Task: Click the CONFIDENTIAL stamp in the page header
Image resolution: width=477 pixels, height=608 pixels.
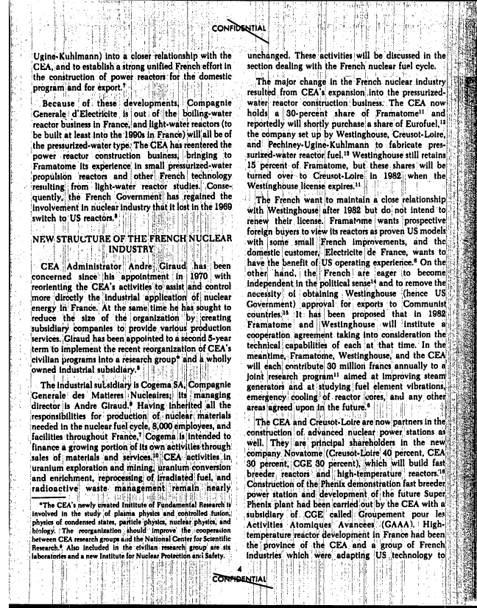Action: (239, 28)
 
